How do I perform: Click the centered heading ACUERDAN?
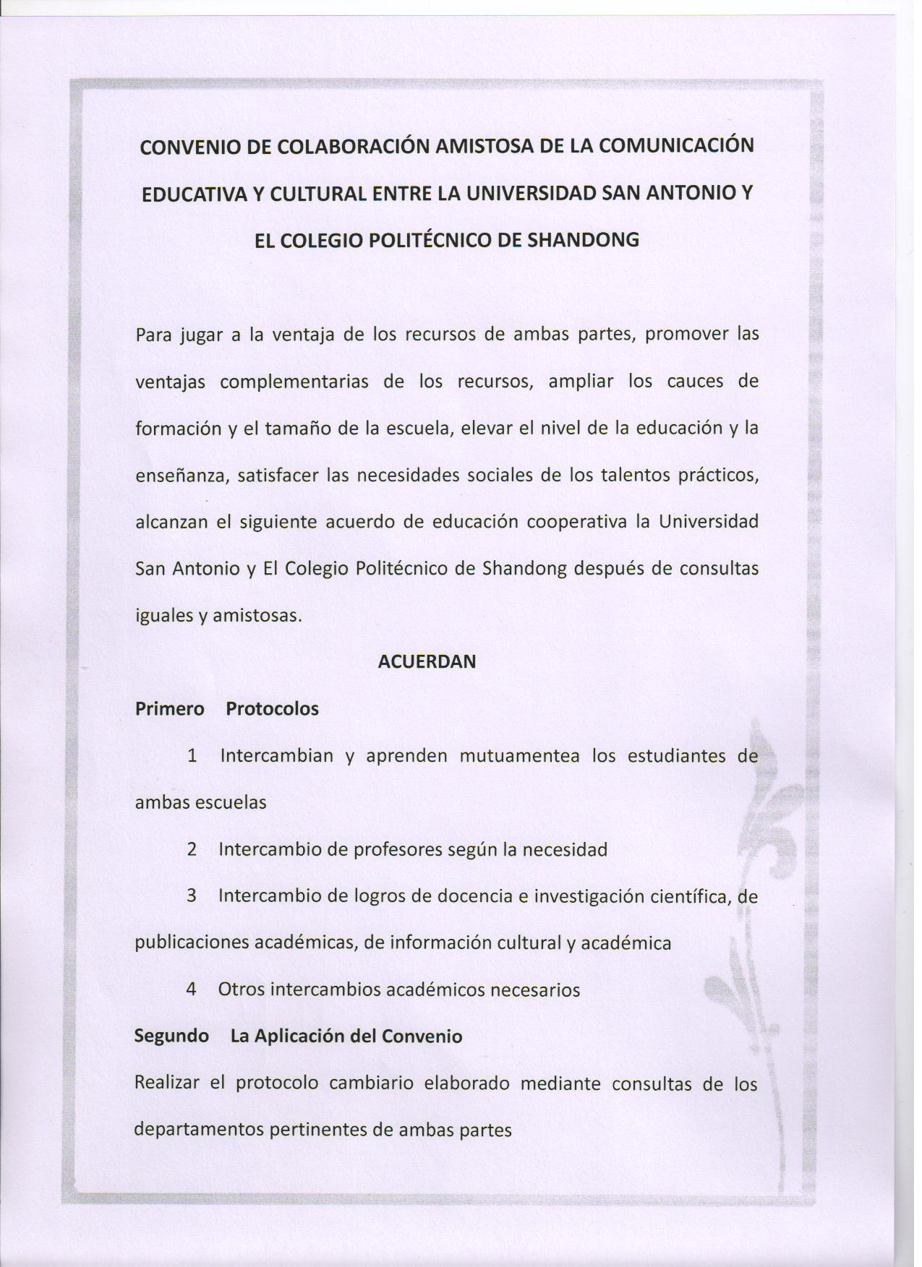point(427,661)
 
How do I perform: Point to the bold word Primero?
point(170,708)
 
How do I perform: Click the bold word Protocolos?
point(272,708)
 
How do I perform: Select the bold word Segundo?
point(171,1036)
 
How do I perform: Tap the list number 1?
point(192,756)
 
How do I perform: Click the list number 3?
point(192,896)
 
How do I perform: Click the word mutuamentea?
point(519,756)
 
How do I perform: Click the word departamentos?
point(199,1130)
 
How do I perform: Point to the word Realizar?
point(166,1083)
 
